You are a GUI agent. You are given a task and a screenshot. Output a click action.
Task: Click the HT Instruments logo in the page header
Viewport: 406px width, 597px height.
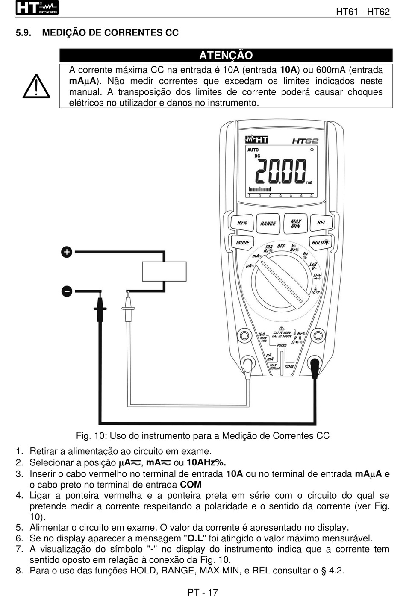[x=37, y=8]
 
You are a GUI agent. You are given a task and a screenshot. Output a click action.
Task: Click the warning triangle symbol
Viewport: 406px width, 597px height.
[x=36, y=86]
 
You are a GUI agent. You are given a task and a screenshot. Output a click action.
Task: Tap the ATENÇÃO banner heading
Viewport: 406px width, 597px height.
[x=226, y=55]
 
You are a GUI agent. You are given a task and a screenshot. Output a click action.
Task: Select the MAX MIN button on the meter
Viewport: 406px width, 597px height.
[x=296, y=224]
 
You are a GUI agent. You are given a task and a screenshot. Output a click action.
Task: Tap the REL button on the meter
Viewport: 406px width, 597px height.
[x=321, y=223]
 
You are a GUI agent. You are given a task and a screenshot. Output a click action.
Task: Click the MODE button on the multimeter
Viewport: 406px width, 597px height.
[x=243, y=242]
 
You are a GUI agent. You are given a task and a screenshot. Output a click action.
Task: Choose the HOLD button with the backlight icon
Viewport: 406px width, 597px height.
[x=320, y=242]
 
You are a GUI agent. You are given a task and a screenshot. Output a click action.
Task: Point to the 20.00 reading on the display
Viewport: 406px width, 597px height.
[x=281, y=171]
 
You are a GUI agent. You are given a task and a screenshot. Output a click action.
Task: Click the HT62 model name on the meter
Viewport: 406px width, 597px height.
[x=305, y=141]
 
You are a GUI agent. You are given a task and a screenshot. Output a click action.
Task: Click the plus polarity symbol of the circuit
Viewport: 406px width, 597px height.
[x=67, y=252]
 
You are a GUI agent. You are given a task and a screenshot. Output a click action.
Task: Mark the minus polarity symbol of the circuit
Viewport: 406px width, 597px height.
[x=67, y=291]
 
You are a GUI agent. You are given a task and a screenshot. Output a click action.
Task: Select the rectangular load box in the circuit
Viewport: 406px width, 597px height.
[x=164, y=271]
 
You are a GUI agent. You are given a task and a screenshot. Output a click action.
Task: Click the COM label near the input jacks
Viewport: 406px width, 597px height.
[x=289, y=366]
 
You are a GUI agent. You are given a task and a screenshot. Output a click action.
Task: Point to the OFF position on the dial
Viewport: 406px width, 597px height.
[x=281, y=246]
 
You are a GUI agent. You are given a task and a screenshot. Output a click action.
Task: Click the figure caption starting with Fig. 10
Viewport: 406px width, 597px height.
[x=203, y=436]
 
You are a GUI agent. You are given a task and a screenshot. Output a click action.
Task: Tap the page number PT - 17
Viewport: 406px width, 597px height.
[x=203, y=592]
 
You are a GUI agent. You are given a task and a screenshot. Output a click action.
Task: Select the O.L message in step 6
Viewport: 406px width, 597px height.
[x=195, y=538]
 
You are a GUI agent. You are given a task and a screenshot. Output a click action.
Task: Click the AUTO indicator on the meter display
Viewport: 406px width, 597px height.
[x=253, y=150]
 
